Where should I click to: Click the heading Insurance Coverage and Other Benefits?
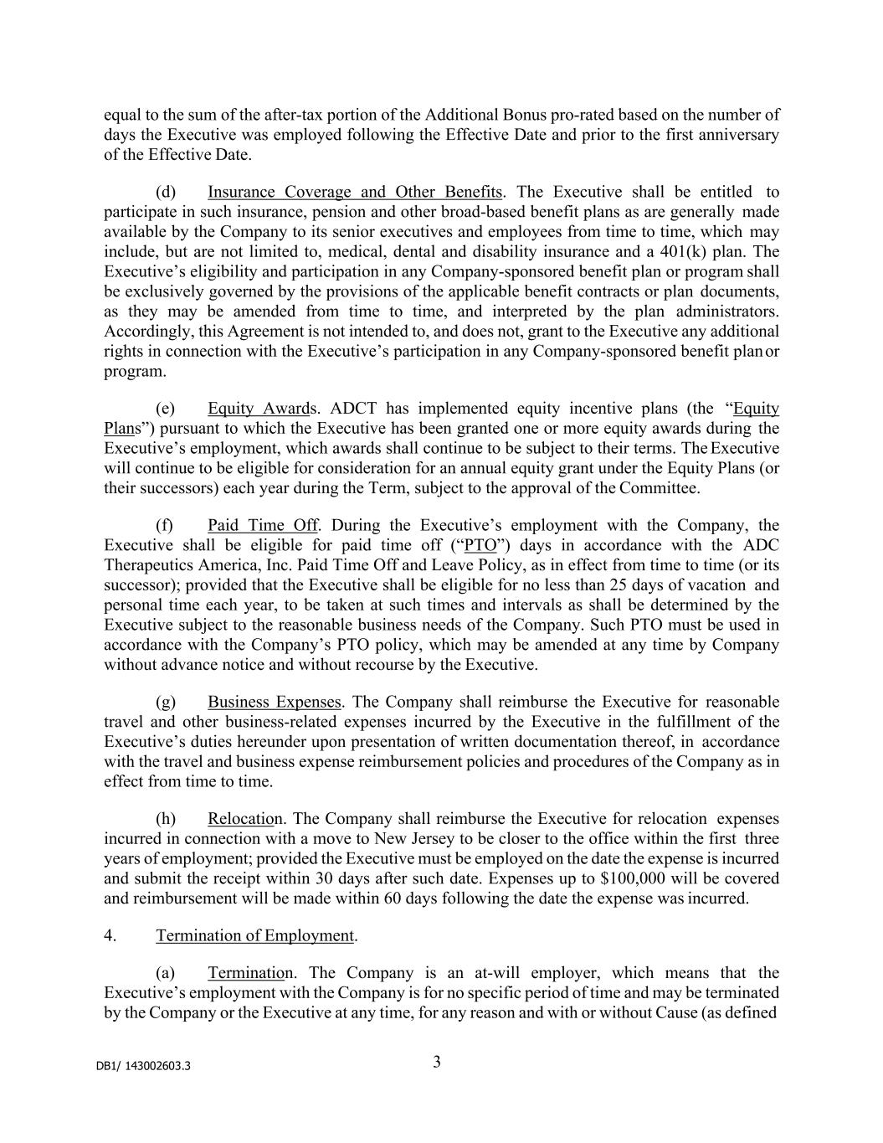355,192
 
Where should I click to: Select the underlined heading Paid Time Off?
263,525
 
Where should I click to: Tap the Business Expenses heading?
275,702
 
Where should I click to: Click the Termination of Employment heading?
255,935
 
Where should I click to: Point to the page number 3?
437,1063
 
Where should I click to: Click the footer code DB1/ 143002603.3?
143,1066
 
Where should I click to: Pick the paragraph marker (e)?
165,409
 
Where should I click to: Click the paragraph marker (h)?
165,818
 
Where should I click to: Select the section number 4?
110,935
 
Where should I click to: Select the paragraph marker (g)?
165,702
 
